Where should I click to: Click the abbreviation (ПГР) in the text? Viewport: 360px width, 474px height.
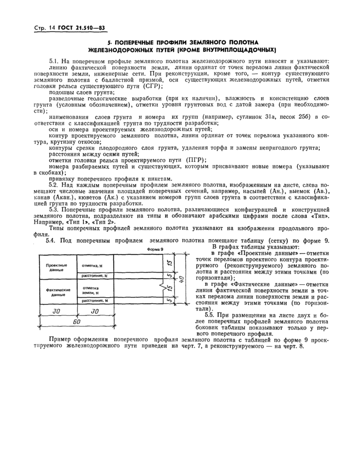click(x=193, y=159)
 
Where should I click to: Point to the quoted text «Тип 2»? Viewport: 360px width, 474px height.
click(x=104, y=222)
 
